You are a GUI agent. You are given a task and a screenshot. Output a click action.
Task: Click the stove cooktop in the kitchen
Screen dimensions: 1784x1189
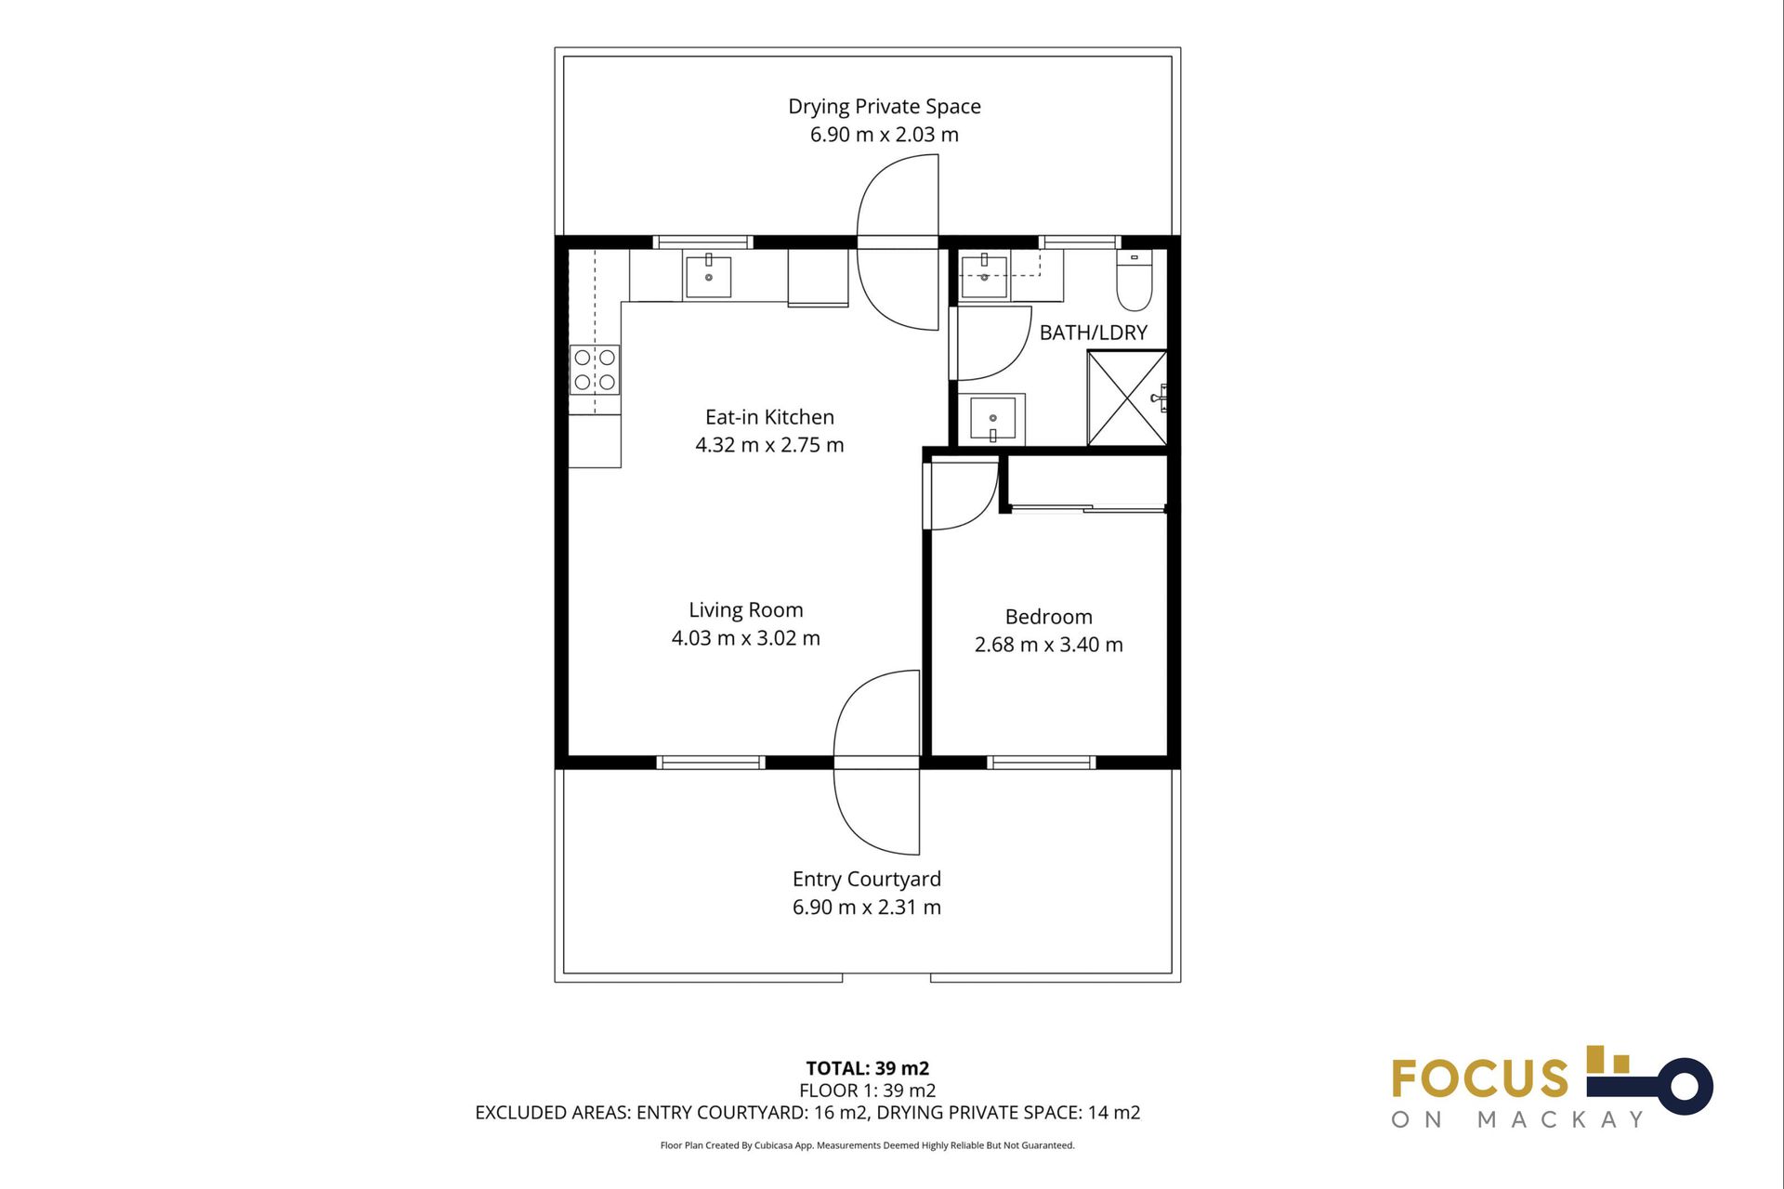click(x=595, y=370)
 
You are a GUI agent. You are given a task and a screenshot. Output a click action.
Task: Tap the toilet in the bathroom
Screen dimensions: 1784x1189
click(x=1134, y=280)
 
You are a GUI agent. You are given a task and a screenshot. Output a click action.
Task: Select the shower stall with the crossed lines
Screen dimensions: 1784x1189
click(x=1127, y=399)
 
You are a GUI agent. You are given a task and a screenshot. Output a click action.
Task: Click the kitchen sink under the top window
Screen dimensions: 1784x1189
click(x=708, y=277)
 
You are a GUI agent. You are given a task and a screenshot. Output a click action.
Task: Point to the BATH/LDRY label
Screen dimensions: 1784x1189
click(x=1093, y=333)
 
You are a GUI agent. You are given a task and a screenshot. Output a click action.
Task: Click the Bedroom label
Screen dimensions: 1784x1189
click(x=1048, y=617)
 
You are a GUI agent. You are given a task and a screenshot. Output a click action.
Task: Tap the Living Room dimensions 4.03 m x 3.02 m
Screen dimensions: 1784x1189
click(x=745, y=638)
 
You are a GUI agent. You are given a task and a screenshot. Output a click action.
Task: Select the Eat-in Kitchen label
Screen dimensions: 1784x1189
click(x=769, y=417)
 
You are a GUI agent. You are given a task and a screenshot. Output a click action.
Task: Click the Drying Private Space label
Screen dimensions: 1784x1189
click(x=884, y=107)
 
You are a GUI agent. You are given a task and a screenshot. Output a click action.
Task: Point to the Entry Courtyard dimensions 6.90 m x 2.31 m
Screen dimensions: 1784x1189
click(x=866, y=908)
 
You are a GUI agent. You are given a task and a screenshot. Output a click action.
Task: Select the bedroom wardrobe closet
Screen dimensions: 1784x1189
click(x=1086, y=481)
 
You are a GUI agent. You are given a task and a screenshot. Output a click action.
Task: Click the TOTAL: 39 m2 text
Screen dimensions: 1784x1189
click(x=867, y=1068)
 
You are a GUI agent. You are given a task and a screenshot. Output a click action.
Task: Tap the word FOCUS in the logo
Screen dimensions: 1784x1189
click(x=1479, y=1079)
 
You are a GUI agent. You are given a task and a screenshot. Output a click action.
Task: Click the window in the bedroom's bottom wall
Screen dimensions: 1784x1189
click(x=1041, y=763)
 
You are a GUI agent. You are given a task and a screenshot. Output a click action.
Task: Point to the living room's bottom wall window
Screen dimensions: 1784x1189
click(x=711, y=763)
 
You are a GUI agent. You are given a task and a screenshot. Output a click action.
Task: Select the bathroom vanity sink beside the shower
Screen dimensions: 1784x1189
click(x=992, y=419)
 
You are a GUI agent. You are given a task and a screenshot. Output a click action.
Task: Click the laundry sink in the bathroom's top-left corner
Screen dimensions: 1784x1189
click(x=984, y=276)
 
